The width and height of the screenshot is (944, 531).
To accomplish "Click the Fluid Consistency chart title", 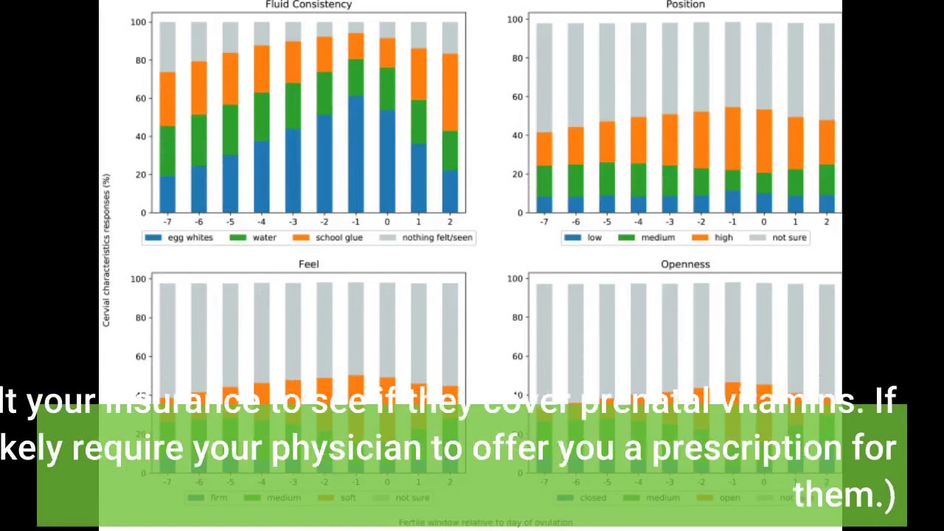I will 308,5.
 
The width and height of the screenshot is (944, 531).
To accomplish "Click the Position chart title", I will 685,5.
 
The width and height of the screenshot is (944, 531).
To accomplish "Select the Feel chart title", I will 308,264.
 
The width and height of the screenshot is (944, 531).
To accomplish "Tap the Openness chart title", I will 685,264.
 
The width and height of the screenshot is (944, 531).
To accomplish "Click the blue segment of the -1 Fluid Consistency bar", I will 355,155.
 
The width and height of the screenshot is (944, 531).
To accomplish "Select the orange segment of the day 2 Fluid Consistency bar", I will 450,92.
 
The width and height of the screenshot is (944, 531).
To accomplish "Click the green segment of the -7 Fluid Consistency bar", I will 167,151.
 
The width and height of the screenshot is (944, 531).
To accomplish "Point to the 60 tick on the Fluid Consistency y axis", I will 139,98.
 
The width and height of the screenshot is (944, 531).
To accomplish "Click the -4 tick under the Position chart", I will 638,222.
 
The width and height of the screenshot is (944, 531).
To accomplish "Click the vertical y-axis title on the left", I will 106,251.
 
